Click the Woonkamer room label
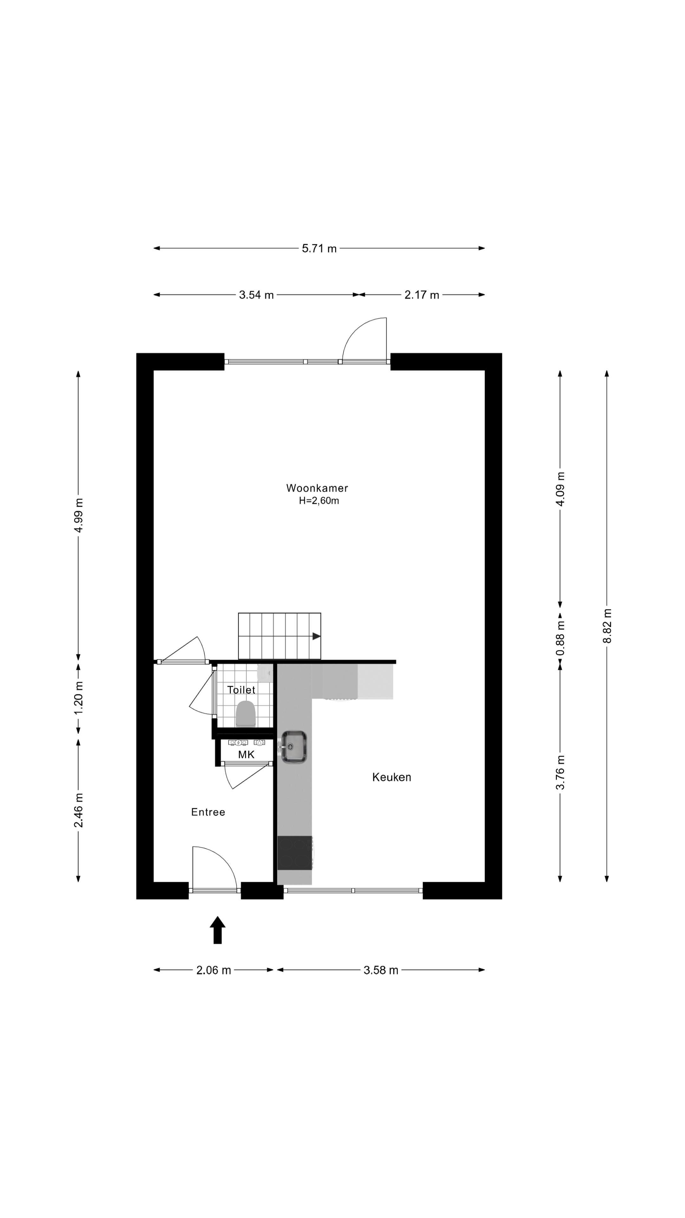[317, 488]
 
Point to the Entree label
[208, 812]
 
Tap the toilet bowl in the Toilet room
[245, 714]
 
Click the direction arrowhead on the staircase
[316, 636]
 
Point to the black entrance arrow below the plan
[218, 930]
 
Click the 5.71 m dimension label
[319, 249]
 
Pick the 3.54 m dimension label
[256, 295]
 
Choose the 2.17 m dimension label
[422, 295]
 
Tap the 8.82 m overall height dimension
[607, 626]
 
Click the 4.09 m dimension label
[560, 489]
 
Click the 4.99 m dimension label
[78, 515]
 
